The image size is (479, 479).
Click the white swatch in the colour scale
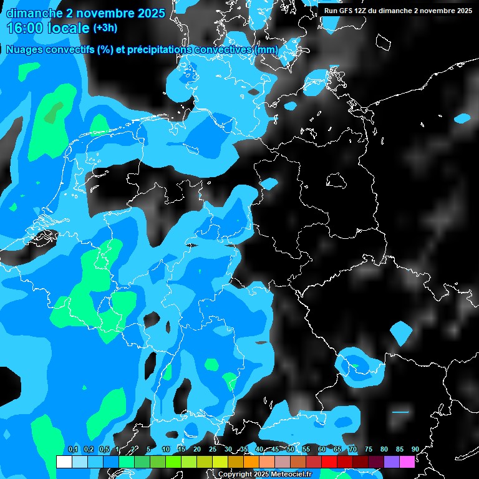click(x=64, y=462)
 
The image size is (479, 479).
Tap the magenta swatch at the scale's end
click(x=407, y=462)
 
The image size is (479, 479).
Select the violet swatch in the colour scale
click(x=391, y=462)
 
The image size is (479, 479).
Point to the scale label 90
click(x=415, y=449)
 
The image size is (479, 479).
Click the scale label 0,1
click(x=72, y=449)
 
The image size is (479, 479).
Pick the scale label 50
click(x=291, y=449)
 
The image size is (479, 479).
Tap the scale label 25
click(x=213, y=449)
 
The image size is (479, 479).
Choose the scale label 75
click(x=369, y=449)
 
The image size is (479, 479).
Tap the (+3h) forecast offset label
click(x=105, y=28)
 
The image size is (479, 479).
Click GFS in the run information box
click(x=346, y=11)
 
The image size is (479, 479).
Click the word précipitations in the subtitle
click(x=159, y=49)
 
